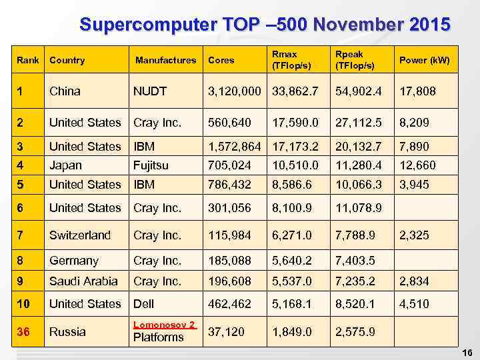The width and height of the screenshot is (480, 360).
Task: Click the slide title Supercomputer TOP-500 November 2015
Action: (x=265, y=25)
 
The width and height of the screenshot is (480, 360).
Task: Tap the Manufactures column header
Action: (x=165, y=60)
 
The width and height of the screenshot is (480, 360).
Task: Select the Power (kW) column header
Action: (x=424, y=60)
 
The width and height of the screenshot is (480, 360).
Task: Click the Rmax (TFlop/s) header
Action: (x=285, y=60)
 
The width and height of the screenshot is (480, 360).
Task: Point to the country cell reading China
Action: (x=65, y=91)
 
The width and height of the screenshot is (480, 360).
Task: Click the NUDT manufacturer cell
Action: (x=149, y=91)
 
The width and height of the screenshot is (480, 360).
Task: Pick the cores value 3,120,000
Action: (x=234, y=91)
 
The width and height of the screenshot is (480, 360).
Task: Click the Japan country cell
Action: (x=65, y=165)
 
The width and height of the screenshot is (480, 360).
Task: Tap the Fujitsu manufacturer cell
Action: (x=151, y=165)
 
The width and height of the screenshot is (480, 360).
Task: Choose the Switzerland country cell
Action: (x=80, y=235)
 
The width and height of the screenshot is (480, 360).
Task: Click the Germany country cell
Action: (x=73, y=261)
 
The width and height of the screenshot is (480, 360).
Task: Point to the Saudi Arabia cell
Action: (x=83, y=281)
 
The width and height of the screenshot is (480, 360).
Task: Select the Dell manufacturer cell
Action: (x=144, y=303)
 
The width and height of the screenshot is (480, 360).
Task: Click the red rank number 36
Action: (x=23, y=331)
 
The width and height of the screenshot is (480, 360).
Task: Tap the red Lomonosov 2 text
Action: (x=164, y=325)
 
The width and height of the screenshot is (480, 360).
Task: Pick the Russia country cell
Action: (x=67, y=331)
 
